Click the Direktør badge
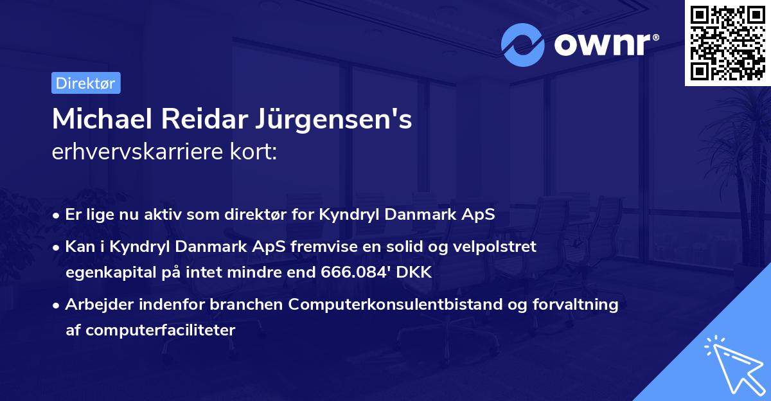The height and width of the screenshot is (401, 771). click(85, 83)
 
